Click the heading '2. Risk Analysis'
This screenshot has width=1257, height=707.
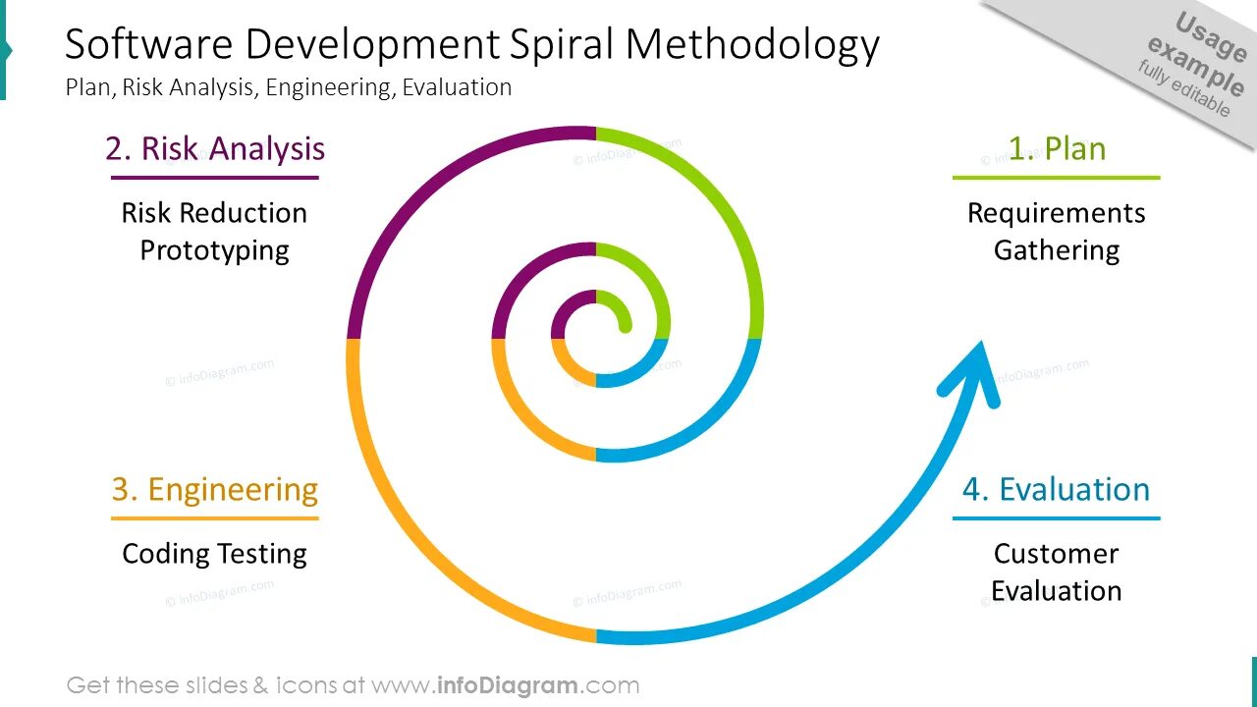coord(215,148)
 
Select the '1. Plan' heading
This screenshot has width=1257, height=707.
coord(1057,148)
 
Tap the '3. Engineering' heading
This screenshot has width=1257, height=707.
coord(215,489)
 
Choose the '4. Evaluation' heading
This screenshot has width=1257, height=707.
coord(1056,489)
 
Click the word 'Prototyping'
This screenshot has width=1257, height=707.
coord(214,250)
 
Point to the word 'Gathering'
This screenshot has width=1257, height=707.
coord(1057,250)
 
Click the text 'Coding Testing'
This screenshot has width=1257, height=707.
coord(214,554)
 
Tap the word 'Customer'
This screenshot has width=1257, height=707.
coord(1056,554)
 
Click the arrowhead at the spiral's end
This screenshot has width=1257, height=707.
coord(971,369)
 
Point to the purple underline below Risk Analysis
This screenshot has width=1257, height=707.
coord(215,178)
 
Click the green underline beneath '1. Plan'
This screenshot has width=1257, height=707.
coord(1057,178)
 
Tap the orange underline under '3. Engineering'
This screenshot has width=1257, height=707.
coord(215,517)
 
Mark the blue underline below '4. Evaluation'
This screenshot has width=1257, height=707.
coord(1056,517)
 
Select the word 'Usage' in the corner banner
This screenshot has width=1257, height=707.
coord(1210,38)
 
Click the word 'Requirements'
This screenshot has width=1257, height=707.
coord(1057,213)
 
